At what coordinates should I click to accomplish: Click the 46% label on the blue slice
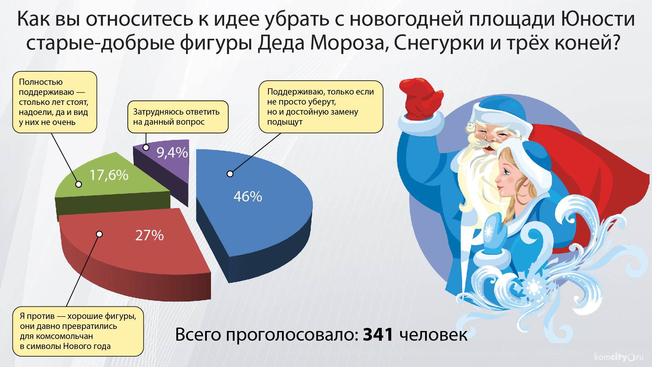click(x=248, y=197)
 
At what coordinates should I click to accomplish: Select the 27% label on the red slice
click(x=149, y=235)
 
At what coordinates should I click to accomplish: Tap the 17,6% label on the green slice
click(x=109, y=175)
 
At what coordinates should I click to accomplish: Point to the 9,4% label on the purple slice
click(x=172, y=153)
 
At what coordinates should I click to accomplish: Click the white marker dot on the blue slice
click(x=230, y=174)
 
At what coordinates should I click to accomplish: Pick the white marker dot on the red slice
click(x=99, y=234)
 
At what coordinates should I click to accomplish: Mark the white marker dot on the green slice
click(x=79, y=184)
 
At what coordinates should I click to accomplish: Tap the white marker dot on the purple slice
click(x=146, y=147)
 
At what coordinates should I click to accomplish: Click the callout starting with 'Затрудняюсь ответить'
click(x=178, y=117)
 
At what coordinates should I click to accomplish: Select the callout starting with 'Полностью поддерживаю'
click(x=55, y=102)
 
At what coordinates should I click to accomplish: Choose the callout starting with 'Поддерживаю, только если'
click(x=321, y=107)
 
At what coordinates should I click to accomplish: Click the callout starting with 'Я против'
click(x=78, y=331)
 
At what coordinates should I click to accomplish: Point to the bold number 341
click(x=378, y=334)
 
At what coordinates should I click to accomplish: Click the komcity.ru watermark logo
click(x=619, y=357)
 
